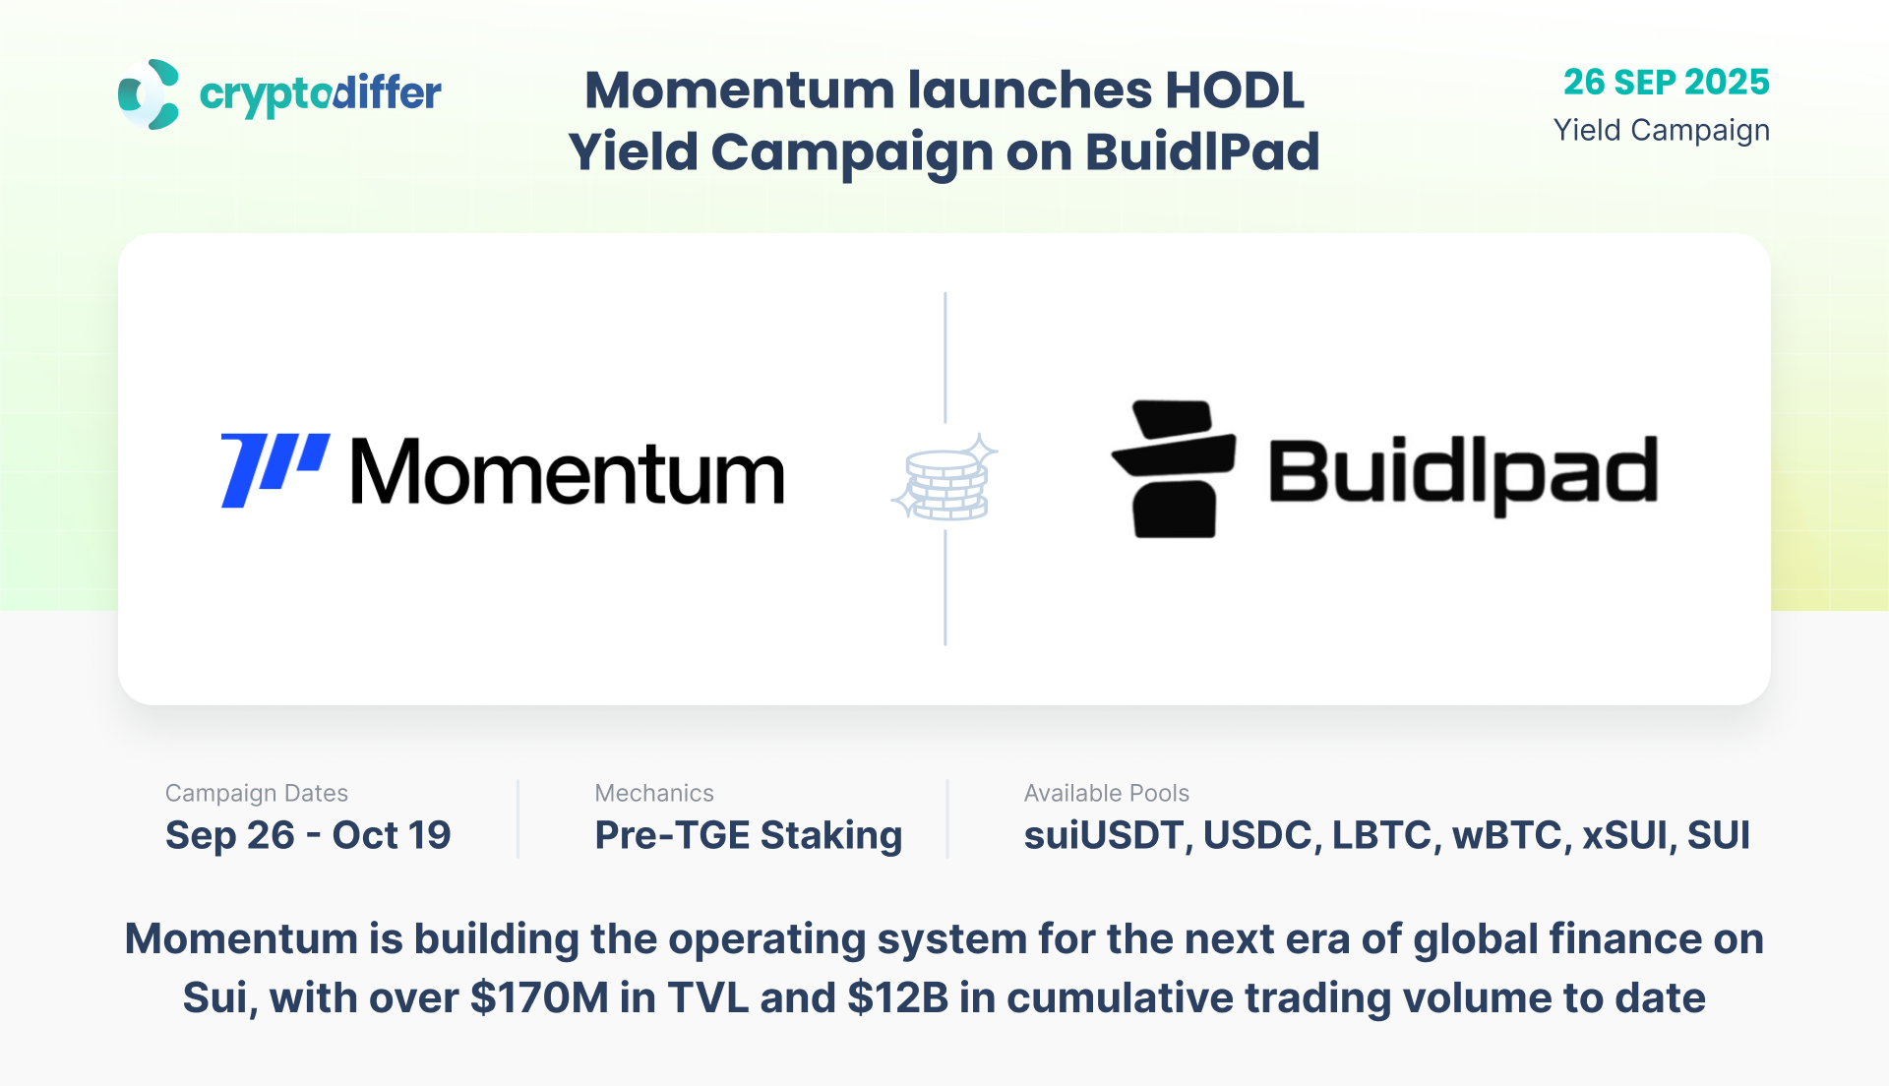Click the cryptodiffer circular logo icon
tap(149, 94)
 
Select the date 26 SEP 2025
tap(1667, 82)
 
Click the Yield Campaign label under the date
tap(1662, 131)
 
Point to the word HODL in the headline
tap(1235, 90)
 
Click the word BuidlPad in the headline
tap(1202, 152)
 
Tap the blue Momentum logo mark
tap(275, 470)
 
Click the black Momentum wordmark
tap(568, 472)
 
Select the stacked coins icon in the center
tap(944, 478)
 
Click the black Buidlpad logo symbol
tap(1174, 469)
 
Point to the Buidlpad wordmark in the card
tap(1463, 474)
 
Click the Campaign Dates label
tap(257, 794)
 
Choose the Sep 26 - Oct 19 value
tap(308, 835)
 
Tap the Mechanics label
tap(654, 793)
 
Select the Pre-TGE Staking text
tap(749, 836)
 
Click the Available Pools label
tap(1107, 793)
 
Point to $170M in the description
tap(540, 998)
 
